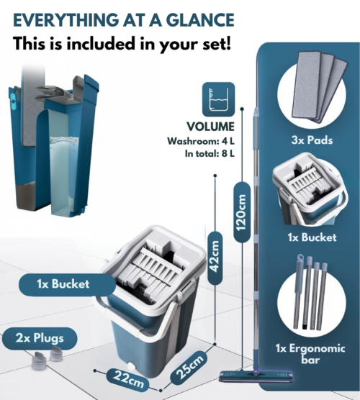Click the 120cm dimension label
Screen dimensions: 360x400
[241, 212]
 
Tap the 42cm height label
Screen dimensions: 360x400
[215, 257]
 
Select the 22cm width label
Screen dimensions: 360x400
[128, 379]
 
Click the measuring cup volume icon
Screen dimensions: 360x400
[218, 99]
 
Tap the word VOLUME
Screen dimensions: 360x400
[210, 127]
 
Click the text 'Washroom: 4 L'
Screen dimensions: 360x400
[201, 141]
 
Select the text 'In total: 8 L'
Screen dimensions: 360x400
[210, 153]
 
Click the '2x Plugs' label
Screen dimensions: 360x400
[40, 339]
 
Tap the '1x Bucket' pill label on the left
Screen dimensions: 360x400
[63, 284]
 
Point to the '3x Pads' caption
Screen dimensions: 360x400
[312, 140]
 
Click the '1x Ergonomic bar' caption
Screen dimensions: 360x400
[310, 354]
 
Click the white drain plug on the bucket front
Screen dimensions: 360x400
[131, 367]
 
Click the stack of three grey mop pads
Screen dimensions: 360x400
[319, 86]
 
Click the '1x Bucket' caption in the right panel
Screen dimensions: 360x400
[312, 237]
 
